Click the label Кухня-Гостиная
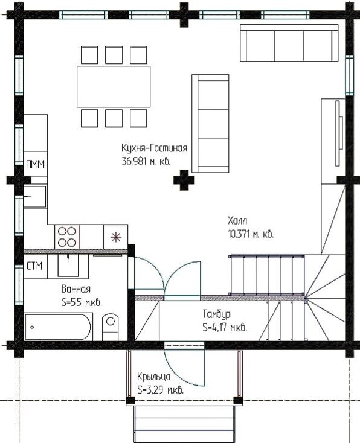tap(155, 148)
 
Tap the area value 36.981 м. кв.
tap(146, 162)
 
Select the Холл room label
tap(237, 220)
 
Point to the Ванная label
tap(76, 289)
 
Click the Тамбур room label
tap(217, 314)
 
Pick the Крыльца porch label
tap(154, 377)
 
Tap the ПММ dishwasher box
tap(36, 164)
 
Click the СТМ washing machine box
tap(35, 266)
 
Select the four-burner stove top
tap(67, 237)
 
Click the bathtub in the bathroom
tap(59, 327)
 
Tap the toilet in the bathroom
tap(110, 327)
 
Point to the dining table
tap(114, 87)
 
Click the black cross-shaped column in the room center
tap(184, 180)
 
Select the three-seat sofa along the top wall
tap(289, 43)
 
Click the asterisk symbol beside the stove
tap(116, 237)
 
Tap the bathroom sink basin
tap(68, 265)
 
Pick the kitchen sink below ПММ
tap(35, 197)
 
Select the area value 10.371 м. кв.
tap(251, 234)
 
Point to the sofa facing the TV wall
tap(210, 124)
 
